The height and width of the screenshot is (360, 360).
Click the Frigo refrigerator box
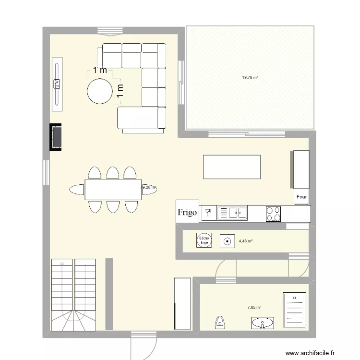(187, 212)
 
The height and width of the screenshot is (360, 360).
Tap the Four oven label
(301, 197)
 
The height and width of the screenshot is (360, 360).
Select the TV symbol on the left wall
(57, 84)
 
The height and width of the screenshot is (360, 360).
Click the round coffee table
(99, 91)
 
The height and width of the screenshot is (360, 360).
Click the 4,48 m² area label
(245, 241)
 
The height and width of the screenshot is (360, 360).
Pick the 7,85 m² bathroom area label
(254, 308)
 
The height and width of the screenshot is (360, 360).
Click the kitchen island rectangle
(232, 167)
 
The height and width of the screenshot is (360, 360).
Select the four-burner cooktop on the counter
(274, 214)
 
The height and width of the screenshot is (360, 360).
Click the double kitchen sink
(232, 213)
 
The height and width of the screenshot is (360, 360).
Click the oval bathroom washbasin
(262, 324)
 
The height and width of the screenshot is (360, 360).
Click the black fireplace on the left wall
(56, 138)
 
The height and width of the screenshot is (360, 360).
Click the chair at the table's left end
(77, 190)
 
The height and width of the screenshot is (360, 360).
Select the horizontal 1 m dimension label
(100, 70)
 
